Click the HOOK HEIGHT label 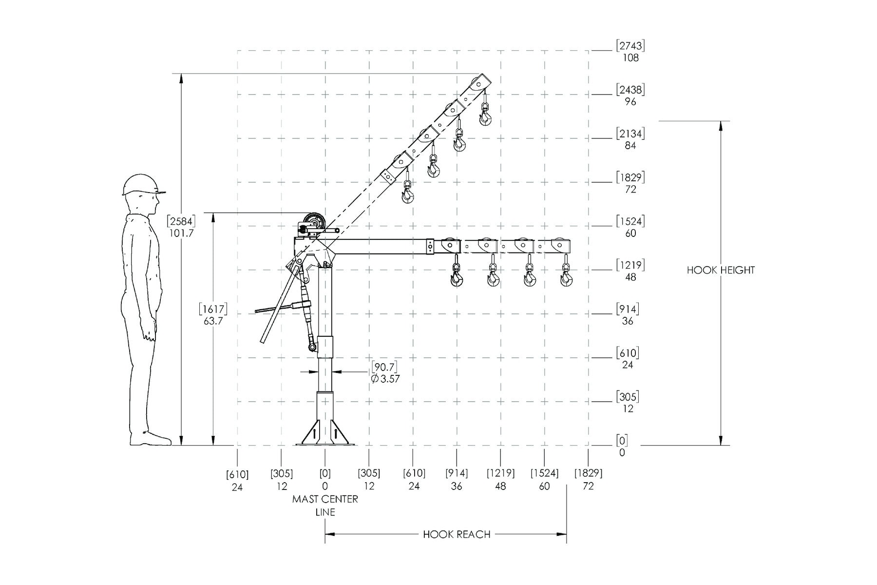[x=721, y=270]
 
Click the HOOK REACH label [x=457, y=534]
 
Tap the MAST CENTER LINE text [x=325, y=506]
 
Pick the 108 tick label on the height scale [x=630, y=58]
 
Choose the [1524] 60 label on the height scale [x=630, y=227]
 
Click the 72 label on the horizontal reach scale [x=588, y=486]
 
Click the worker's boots [x=151, y=438]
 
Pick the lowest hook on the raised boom [x=407, y=192]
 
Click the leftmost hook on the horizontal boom [x=457, y=275]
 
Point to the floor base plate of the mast [x=325, y=444]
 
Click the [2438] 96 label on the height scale [x=630, y=96]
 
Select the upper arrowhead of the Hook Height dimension [x=721, y=126]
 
